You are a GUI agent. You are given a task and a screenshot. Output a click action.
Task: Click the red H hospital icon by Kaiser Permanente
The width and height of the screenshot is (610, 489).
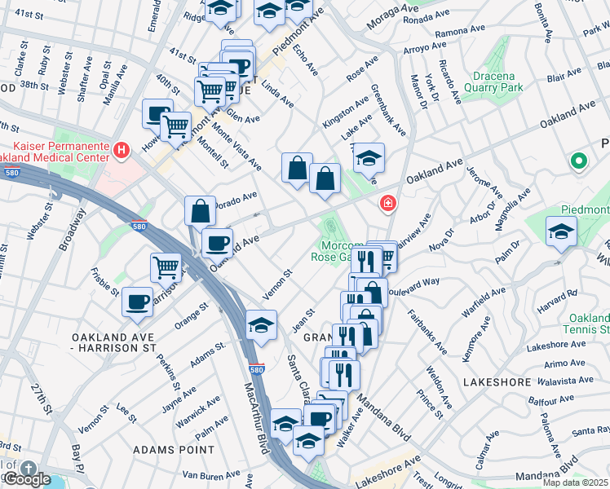[122, 149]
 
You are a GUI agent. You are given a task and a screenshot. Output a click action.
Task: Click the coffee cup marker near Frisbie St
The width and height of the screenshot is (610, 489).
[137, 302]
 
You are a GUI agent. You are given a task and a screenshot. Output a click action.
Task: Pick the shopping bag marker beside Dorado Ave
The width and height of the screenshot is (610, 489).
[201, 211]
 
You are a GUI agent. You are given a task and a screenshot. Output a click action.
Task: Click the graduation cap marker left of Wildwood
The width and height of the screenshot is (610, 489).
[561, 233]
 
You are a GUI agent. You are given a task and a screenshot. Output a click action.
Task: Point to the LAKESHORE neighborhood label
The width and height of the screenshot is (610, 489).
[492, 381]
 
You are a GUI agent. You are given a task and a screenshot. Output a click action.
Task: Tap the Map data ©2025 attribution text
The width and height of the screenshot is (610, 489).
[574, 482]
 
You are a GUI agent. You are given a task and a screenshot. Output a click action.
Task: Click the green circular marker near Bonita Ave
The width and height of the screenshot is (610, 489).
[580, 161]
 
